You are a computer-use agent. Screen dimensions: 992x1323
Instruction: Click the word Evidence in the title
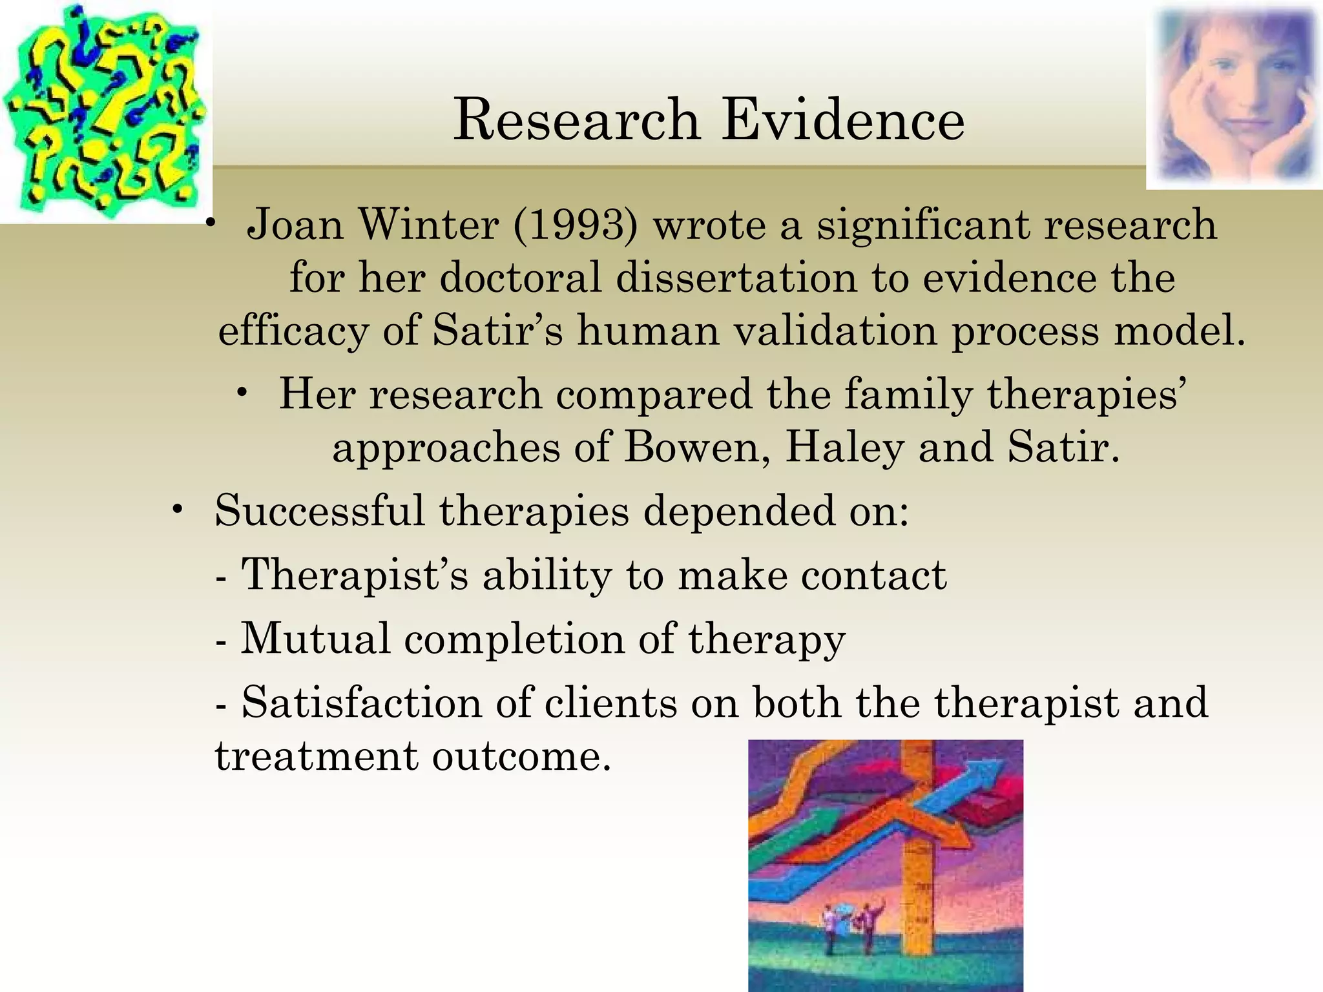(843, 120)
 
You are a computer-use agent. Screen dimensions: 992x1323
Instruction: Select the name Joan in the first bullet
(295, 225)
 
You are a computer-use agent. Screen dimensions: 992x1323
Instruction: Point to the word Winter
(428, 225)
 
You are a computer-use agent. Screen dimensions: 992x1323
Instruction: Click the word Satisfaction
(362, 702)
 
